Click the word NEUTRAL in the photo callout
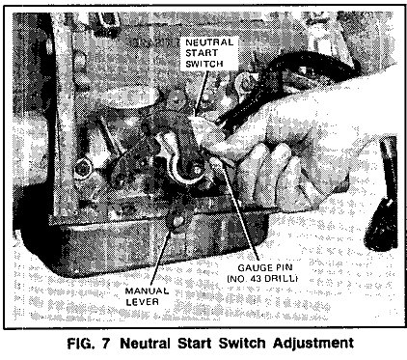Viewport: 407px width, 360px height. pyautogui.click(x=209, y=42)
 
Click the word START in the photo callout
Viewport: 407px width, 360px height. pyautogui.click(x=202, y=53)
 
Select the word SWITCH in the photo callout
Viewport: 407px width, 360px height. pyautogui.click(x=204, y=64)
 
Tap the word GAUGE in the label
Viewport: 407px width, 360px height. pyautogui.click(x=253, y=267)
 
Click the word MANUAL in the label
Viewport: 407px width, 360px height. pyautogui.click(x=147, y=291)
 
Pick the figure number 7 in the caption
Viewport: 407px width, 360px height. pyautogui.click(x=106, y=343)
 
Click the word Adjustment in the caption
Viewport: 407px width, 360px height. pyautogui.click(x=313, y=344)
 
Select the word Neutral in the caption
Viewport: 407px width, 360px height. pyautogui.click(x=146, y=343)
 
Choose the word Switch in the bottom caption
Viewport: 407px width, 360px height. pyautogui.click(x=242, y=343)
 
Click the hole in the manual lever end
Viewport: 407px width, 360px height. pyautogui.click(x=177, y=221)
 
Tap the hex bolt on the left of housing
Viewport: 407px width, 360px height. pyautogui.click(x=82, y=168)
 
